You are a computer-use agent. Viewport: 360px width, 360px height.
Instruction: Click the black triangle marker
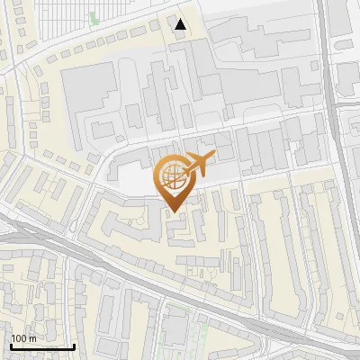pyautogui.click(x=181, y=24)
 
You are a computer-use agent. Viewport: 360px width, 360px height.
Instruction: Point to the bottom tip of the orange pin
pyautogui.click(x=174, y=213)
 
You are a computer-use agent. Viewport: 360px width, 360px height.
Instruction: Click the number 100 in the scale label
pyautogui.click(x=20, y=338)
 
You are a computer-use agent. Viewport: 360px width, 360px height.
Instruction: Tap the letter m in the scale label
pyautogui.click(x=33, y=338)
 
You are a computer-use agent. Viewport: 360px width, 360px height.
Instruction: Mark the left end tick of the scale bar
pyautogui.click(x=10, y=346)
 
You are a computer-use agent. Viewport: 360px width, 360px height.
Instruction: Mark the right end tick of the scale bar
pyautogui.click(x=75, y=346)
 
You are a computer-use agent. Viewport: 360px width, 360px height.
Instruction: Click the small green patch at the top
pyautogui.click(x=94, y=17)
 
